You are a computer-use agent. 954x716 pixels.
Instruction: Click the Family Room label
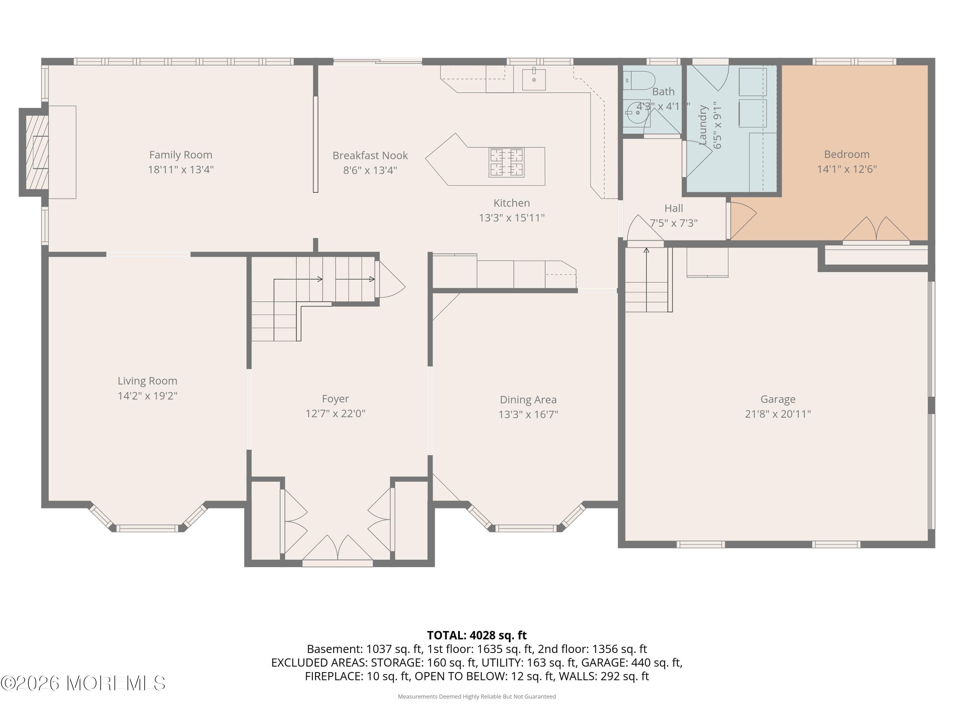(180, 155)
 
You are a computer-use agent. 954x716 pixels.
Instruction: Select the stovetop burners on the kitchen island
(506, 162)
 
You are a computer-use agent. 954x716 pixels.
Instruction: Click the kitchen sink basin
(534, 80)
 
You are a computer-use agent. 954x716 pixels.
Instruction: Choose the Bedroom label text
(846, 154)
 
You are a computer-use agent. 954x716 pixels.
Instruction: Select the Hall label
(673, 208)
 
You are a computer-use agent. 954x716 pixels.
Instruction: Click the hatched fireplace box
(37, 152)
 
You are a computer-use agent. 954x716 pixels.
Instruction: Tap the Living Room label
(148, 381)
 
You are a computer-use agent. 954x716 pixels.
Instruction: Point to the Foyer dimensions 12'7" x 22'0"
(335, 413)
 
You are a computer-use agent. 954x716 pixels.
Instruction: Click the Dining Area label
(528, 400)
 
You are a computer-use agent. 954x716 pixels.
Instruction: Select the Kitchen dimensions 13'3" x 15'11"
(511, 218)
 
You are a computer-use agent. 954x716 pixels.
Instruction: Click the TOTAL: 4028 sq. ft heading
(477, 635)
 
